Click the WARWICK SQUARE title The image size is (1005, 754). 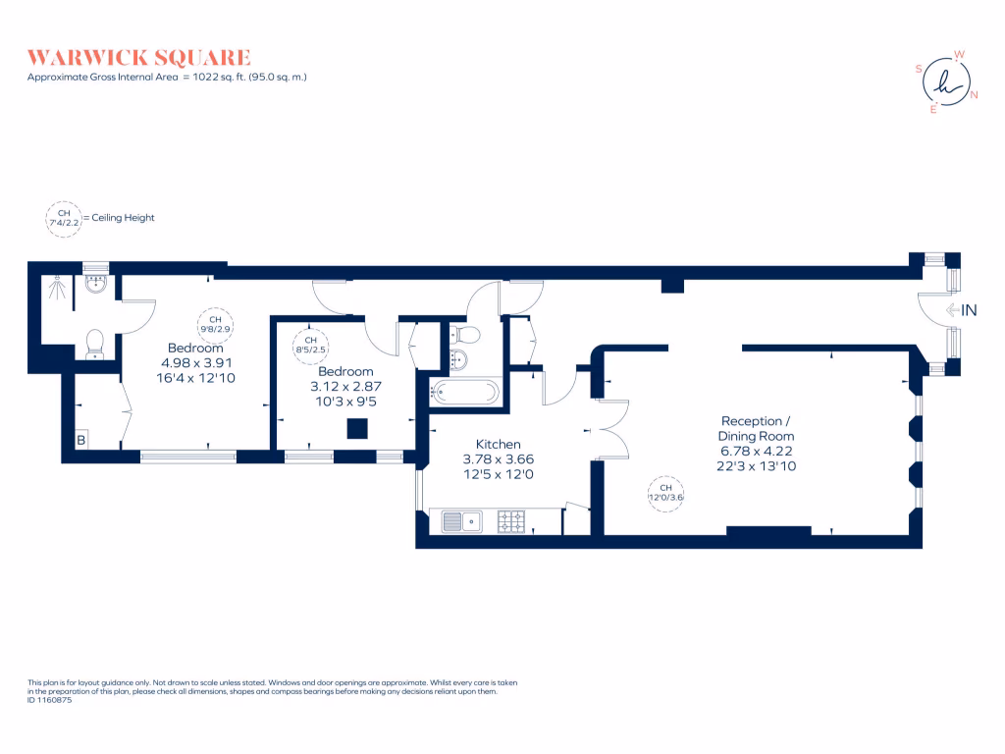pyautogui.click(x=138, y=57)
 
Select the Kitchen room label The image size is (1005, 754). pyautogui.click(x=499, y=444)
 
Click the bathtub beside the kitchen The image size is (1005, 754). pyautogui.click(x=464, y=392)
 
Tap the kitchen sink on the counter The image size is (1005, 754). pyautogui.click(x=460, y=520)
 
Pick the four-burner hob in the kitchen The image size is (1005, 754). pyautogui.click(x=511, y=520)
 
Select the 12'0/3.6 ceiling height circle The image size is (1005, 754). pyautogui.click(x=664, y=493)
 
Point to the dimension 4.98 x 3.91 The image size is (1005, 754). pyautogui.click(x=195, y=362)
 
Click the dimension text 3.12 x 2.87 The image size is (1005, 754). pyautogui.click(x=345, y=386)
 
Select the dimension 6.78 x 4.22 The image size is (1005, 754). pyautogui.click(x=756, y=451)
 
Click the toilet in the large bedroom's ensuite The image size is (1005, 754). pyautogui.click(x=95, y=343)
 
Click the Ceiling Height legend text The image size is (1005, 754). pyautogui.click(x=122, y=218)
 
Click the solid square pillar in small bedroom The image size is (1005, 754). pyautogui.click(x=358, y=428)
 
